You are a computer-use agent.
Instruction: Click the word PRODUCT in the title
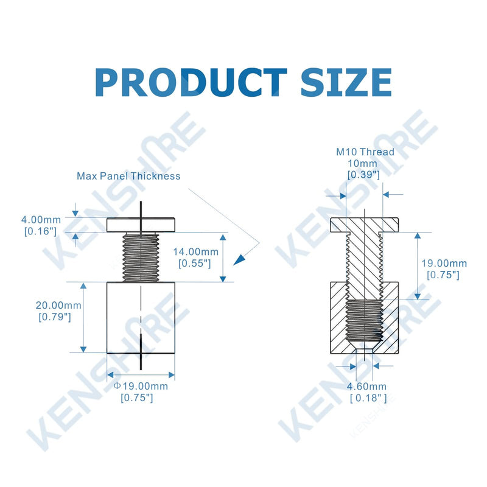click(x=191, y=82)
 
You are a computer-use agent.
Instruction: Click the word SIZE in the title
click(x=346, y=82)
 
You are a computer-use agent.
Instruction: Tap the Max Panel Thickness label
click(x=128, y=176)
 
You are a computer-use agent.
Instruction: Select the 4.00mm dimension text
click(x=41, y=220)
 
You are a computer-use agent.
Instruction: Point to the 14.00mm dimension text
click(x=195, y=251)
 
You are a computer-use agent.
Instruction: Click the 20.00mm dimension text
click(x=58, y=306)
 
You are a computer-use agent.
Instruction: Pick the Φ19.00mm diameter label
click(x=141, y=386)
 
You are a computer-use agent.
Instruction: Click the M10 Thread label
click(x=365, y=152)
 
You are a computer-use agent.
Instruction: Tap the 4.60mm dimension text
click(x=367, y=387)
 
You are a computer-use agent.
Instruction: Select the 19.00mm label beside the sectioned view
click(x=444, y=264)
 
